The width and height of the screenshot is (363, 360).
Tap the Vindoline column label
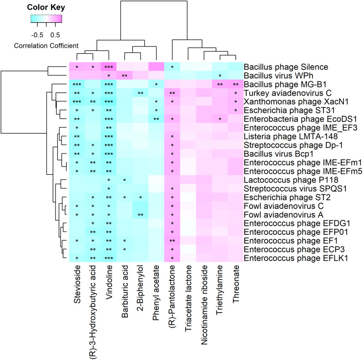click(109, 287)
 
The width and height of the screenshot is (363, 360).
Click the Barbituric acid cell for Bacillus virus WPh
click(124, 75)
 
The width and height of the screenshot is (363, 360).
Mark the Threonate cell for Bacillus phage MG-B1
click(236, 84)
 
